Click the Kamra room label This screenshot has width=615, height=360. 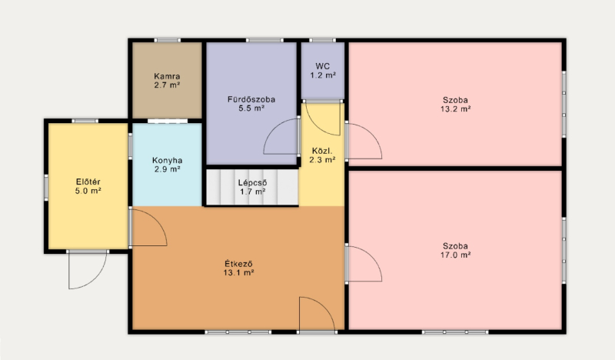pyautogui.click(x=167, y=76)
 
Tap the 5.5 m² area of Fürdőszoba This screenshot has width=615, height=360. pyautogui.click(x=251, y=108)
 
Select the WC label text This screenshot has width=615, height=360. pyautogui.click(x=322, y=66)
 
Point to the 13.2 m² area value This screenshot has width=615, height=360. pyautogui.click(x=455, y=109)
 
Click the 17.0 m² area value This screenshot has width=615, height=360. pyautogui.click(x=455, y=255)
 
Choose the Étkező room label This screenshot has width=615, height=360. pyautogui.click(x=238, y=263)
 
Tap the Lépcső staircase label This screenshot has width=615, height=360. pyautogui.click(x=253, y=183)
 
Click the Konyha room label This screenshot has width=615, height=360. pyautogui.click(x=167, y=160)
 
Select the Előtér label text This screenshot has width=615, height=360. pyautogui.click(x=88, y=182)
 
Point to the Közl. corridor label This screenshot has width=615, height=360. pyautogui.click(x=322, y=151)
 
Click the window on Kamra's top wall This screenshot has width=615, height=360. pyautogui.click(x=167, y=40)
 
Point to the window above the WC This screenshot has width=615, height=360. pyautogui.click(x=322, y=40)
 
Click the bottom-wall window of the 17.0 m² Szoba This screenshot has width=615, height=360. pyautogui.click(x=455, y=332)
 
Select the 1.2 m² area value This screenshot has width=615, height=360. pyautogui.click(x=323, y=75)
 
